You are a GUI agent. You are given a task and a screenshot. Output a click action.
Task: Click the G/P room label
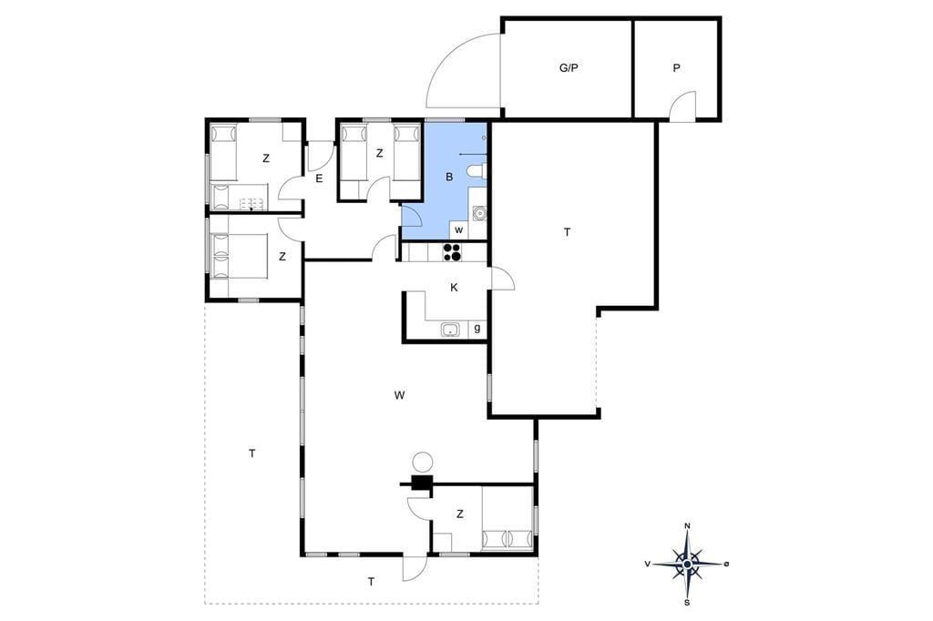click(x=569, y=67)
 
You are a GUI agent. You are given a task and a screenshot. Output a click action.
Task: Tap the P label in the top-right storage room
click(x=677, y=68)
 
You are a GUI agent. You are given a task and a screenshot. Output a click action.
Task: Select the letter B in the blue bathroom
click(x=449, y=177)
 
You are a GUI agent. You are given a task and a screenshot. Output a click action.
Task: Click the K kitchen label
click(x=454, y=288)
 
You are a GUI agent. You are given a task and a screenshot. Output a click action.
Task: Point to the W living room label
click(x=399, y=395)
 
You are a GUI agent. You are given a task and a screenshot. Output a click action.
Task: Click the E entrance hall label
click(x=319, y=178)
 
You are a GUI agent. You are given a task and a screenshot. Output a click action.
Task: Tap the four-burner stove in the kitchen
click(x=452, y=252)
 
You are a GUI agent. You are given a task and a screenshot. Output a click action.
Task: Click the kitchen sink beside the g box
click(x=450, y=329)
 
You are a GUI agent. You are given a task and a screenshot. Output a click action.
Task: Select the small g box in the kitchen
click(x=477, y=329)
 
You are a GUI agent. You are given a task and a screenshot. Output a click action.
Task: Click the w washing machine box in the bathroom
click(x=459, y=230)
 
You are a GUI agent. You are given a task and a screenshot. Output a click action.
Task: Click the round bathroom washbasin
click(x=478, y=213)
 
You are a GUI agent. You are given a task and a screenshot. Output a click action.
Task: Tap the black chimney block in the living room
click(x=422, y=483)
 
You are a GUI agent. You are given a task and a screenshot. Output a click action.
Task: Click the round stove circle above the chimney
click(x=423, y=463)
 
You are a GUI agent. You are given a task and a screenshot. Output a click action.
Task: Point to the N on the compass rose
click(x=687, y=525)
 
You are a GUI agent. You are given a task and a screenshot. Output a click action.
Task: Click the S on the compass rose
click(x=687, y=603)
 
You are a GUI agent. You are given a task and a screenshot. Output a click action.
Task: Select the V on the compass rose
click(x=647, y=564)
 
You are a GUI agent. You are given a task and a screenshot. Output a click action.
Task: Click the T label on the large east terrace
click(x=567, y=232)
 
